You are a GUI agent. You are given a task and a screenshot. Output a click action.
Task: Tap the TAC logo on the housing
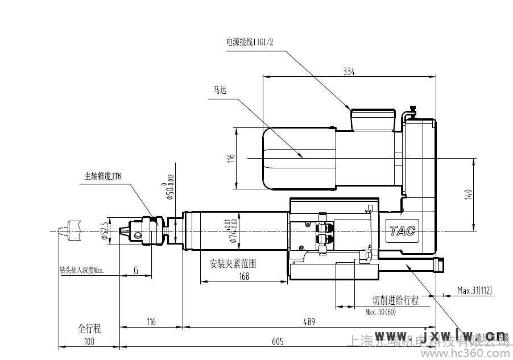pos(403,231)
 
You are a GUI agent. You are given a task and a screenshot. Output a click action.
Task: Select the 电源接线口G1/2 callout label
pos(250,42)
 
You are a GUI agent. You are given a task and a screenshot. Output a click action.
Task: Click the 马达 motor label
pos(219,90)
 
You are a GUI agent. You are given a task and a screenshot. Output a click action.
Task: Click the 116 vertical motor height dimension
pos(231,159)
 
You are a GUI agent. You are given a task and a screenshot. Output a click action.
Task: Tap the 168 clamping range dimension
pos(244,277)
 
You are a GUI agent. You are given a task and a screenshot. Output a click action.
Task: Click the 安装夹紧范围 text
pos(233,264)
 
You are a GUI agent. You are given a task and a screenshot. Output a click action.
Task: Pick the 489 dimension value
pos(308,322)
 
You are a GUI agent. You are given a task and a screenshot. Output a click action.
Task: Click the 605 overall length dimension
pos(277,341)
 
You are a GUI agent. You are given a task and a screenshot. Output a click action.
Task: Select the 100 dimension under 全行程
pos(89,341)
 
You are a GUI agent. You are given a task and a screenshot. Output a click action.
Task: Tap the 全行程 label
pos(89,328)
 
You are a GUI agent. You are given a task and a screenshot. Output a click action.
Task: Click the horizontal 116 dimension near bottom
pos(151,322)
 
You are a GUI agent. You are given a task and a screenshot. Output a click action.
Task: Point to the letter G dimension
pos(136,270)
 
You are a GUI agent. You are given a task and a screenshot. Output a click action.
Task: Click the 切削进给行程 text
pos(395,300)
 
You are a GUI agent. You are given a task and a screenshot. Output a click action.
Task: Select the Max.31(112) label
pos(475,291)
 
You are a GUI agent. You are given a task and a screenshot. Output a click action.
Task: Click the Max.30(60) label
pos(380,311)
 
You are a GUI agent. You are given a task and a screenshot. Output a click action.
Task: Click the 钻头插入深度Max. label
pos(82,270)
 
